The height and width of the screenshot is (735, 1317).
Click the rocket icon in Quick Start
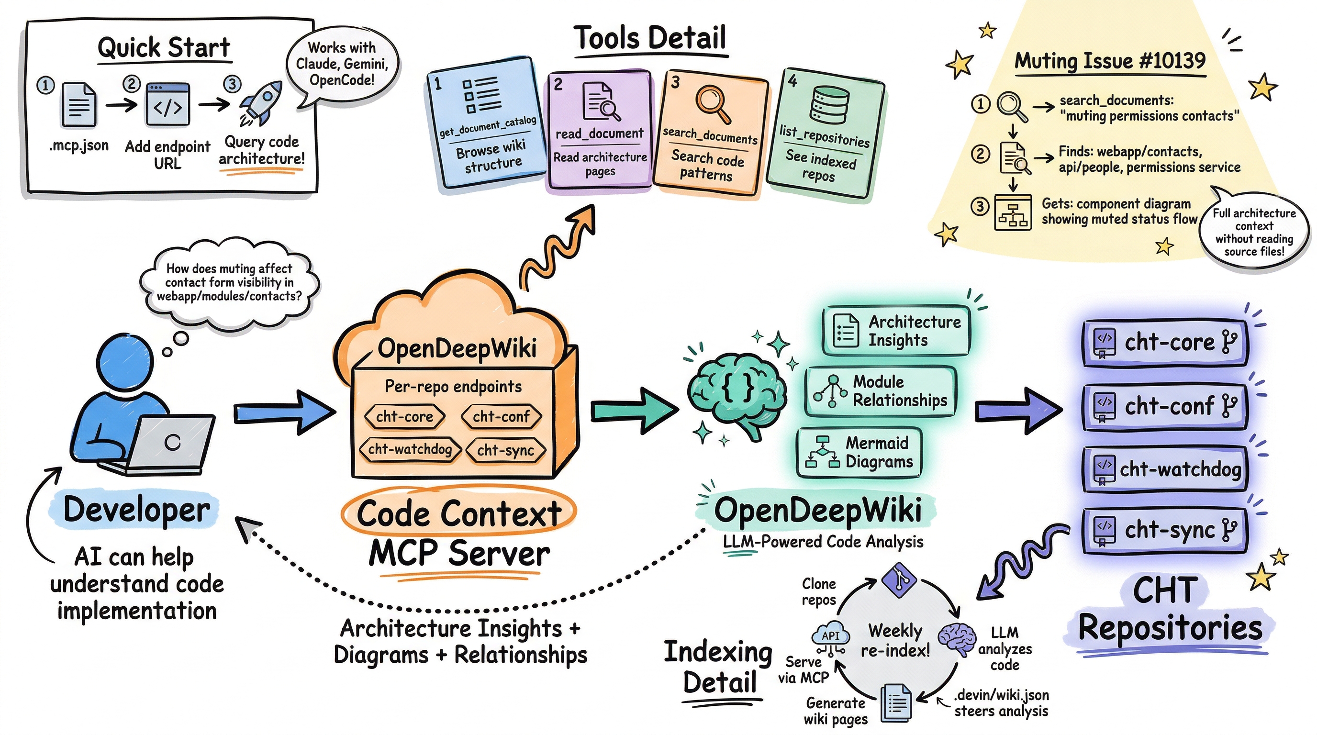262,103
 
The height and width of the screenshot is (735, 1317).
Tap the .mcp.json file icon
78,105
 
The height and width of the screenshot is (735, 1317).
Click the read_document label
599,134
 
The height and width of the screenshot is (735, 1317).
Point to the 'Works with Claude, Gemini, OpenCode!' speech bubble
342,64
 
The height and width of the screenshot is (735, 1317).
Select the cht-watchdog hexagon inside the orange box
410,449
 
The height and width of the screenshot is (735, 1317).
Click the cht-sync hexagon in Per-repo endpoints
505,450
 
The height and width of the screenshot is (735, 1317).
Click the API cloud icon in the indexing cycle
831,637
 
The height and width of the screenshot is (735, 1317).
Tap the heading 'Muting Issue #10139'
1109,61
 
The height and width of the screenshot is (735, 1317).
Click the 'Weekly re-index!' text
895,640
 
